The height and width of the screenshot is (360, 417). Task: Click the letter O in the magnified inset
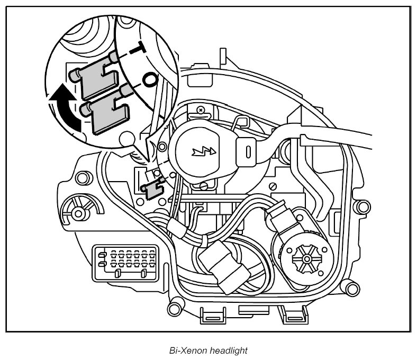[150, 80]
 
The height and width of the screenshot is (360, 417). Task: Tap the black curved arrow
[66, 109]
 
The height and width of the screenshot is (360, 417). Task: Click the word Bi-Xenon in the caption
[185, 350]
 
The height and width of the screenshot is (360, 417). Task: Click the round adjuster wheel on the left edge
[79, 213]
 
